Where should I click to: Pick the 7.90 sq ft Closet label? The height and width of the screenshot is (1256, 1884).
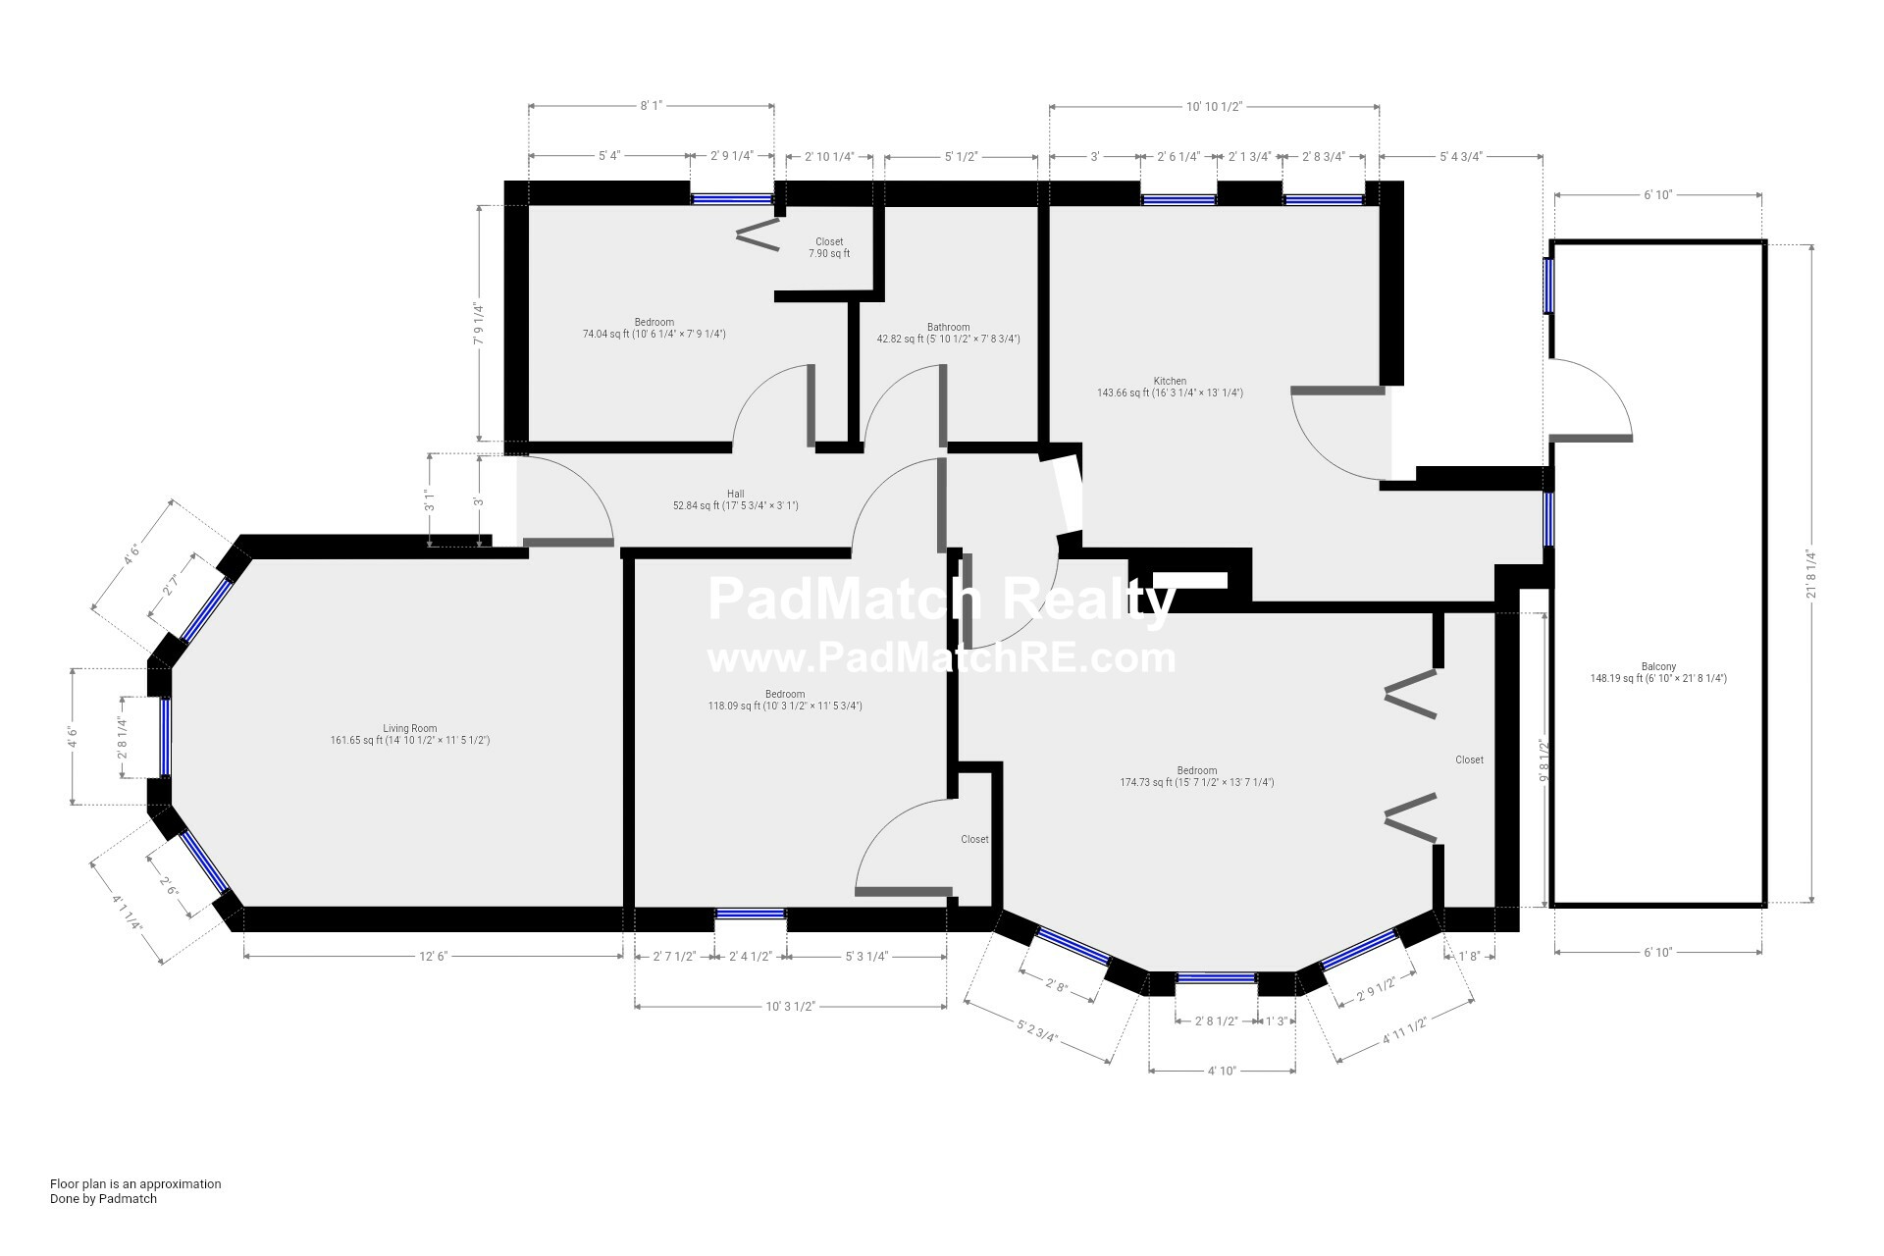[x=829, y=247]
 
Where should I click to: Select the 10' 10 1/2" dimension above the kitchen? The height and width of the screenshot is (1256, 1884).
[x=1214, y=106]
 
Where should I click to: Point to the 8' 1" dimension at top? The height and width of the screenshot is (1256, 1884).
[x=652, y=106]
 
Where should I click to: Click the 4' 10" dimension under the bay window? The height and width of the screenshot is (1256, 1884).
[x=1222, y=1071]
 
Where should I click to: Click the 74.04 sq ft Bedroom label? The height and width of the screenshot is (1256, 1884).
[x=654, y=328]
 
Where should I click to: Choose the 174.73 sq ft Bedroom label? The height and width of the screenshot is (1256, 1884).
[x=1197, y=776]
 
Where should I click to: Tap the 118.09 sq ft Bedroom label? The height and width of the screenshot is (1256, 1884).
[x=785, y=700]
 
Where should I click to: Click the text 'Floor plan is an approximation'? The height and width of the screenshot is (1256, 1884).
[x=135, y=1183]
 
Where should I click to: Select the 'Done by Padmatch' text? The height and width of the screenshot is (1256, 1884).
[x=103, y=1198]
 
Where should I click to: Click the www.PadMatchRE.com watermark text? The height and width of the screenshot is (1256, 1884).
[x=941, y=656]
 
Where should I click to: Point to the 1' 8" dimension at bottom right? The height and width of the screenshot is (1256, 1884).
[x=1469, y=957]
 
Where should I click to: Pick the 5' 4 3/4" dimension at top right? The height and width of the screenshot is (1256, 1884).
[x=1461, y=156]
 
